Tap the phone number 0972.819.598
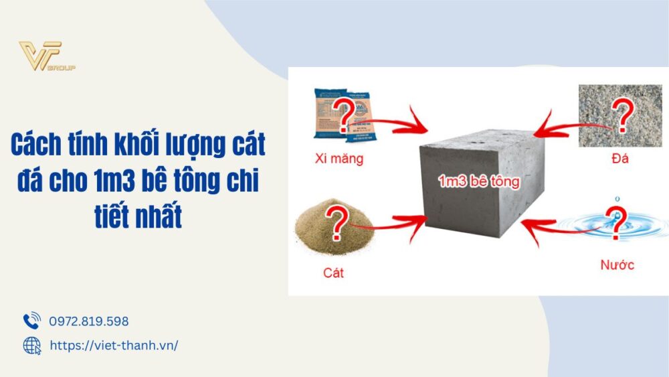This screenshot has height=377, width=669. click(89, 321)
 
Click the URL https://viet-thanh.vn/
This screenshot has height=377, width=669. click(114, 346)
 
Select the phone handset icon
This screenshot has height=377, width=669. click(31, 321)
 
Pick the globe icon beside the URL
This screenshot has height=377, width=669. click(31, 346)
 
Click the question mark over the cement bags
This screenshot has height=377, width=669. click(347, 116)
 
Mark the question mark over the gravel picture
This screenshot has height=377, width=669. click(623, 115)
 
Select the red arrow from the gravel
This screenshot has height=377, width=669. click(569, 124)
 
